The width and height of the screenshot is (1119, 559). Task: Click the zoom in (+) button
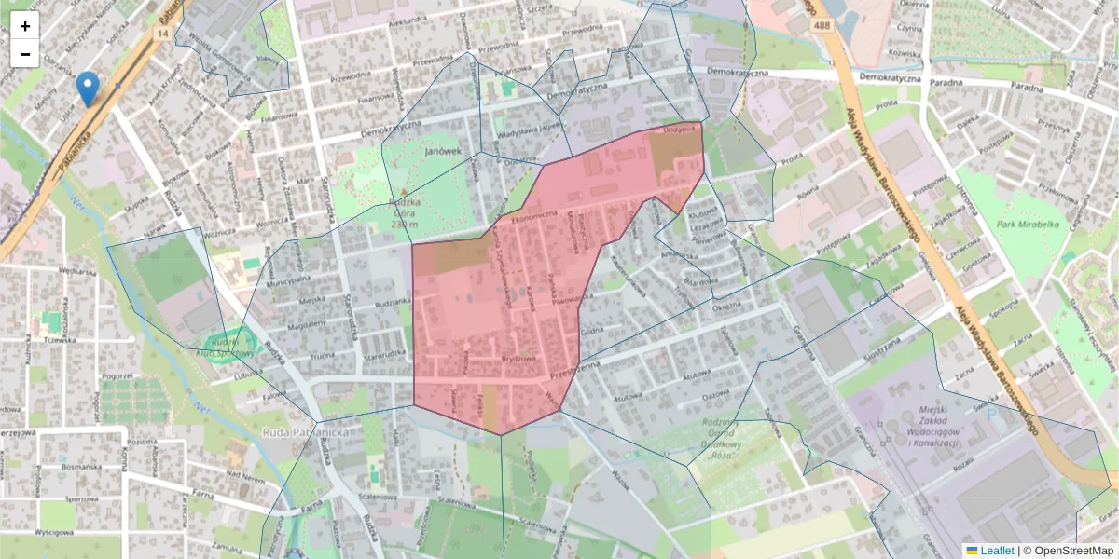click(25, 26)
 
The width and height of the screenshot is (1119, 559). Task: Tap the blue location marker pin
click(88, 89)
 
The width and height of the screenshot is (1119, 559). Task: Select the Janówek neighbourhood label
click(443, 150)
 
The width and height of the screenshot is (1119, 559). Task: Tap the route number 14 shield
click(163, 34)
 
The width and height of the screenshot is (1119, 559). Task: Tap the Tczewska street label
click(59, 340)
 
